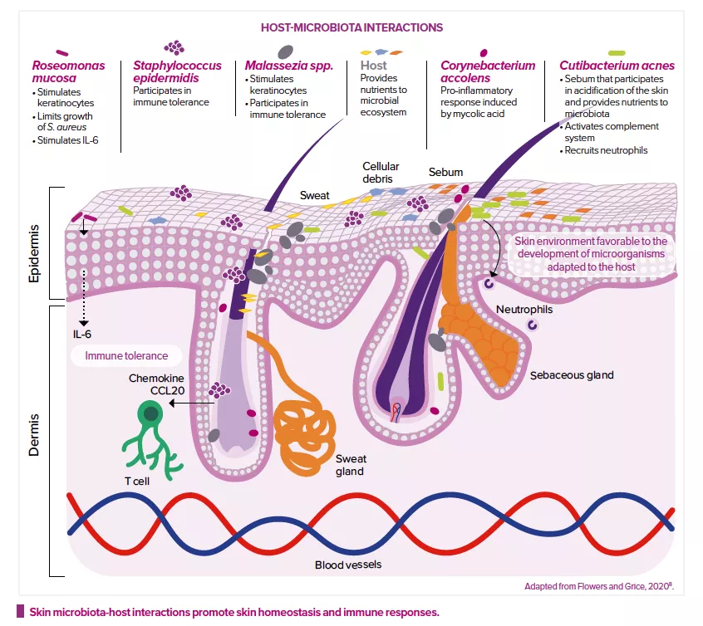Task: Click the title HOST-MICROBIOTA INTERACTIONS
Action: (x=351, y=27)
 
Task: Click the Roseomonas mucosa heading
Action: (x=64, y=71)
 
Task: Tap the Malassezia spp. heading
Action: (x=289, y=65)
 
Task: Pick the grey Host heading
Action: (x=374, y=65)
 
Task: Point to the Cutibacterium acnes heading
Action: (x=617, y=65)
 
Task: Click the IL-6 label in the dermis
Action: (x=83, y=334)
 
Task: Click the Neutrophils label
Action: (x=524, y=309)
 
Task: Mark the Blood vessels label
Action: (x=348, y=565)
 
